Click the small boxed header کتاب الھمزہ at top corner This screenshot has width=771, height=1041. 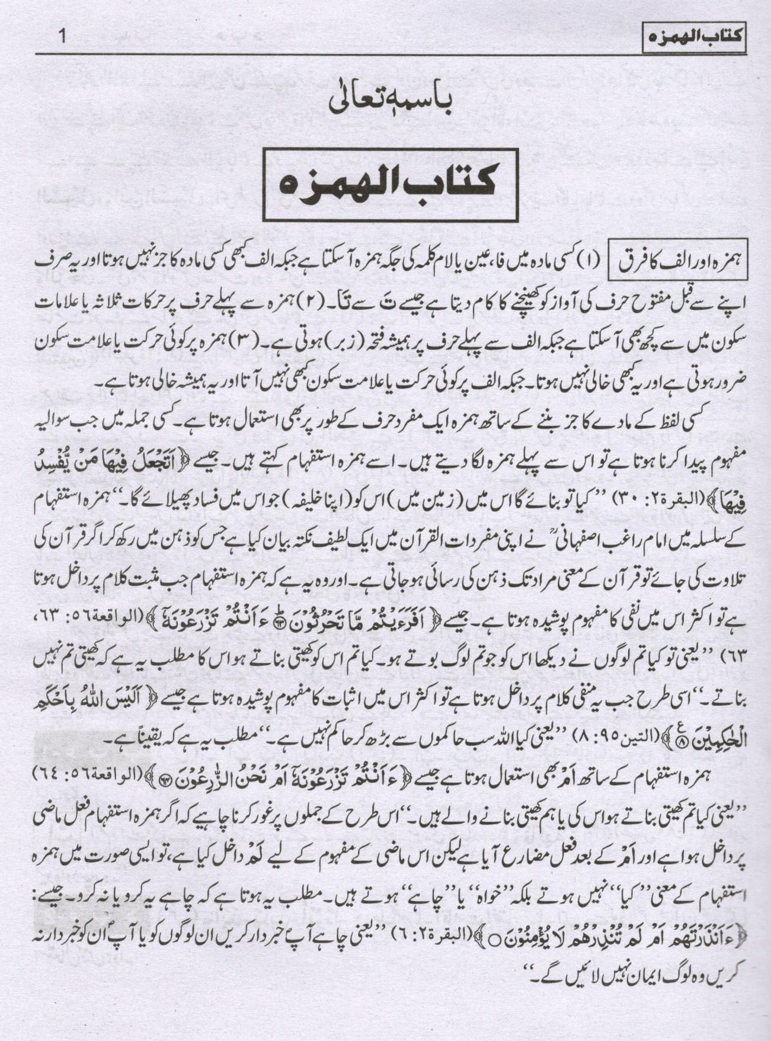694,41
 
